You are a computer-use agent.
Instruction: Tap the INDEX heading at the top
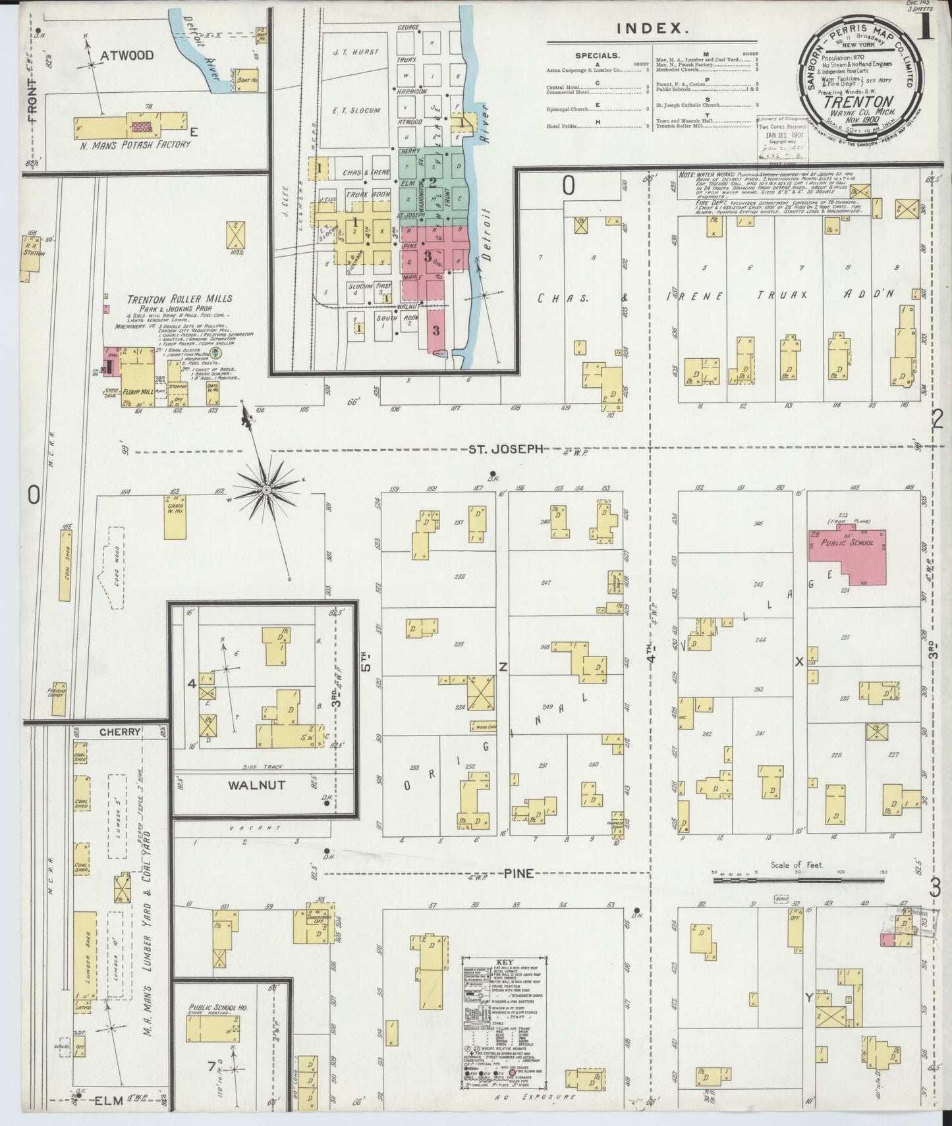coord(653,28)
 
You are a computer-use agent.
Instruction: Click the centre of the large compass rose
coord(266,490)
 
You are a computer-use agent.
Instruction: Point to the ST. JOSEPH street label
coord(505,449)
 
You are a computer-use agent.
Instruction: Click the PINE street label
coord(518,874)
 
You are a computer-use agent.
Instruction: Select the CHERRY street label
coord(120,732)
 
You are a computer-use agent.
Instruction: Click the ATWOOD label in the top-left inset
coord(126,55)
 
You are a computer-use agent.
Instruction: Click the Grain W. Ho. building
coord(175,517)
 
